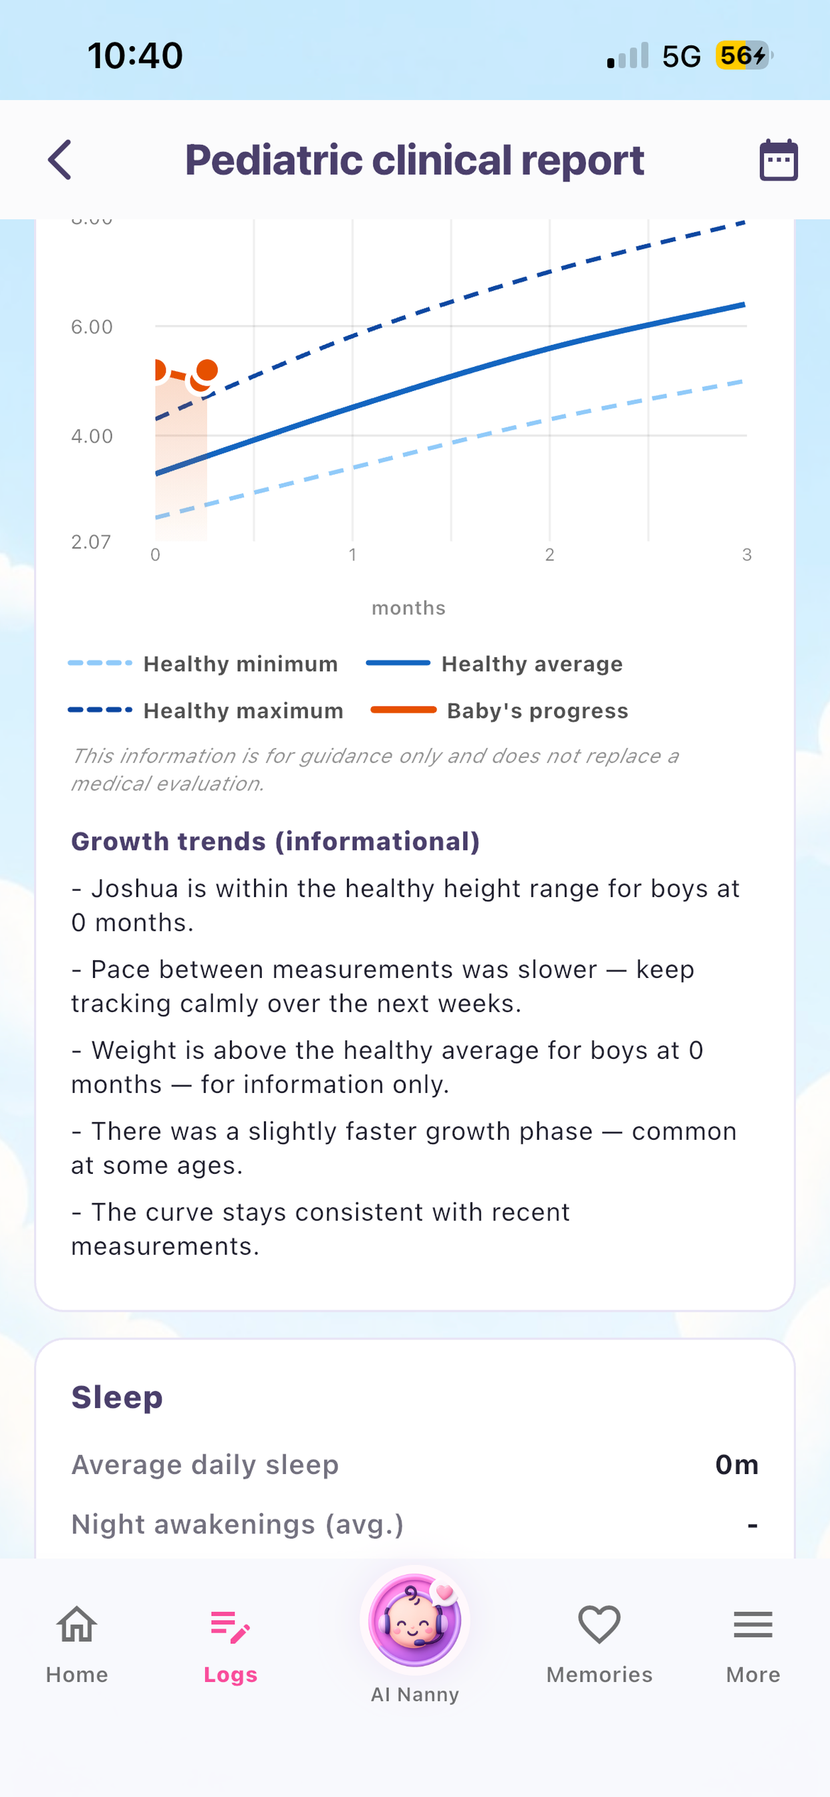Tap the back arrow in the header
tap(60, 160)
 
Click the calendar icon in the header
tap(779, 160)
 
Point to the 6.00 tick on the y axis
tap(92, 326)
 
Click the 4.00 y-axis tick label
tap(92, 436)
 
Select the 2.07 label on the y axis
tap(92, 542)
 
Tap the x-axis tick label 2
tap(549, 555)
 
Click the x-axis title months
tap(409, 608)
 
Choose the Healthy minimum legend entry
tap(203, 663)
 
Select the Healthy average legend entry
tap(495, 663)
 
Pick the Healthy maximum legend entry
tap(206, 710)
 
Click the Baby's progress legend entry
tap(499, 710)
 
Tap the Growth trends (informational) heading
tap(275, 841)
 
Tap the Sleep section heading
tap(117, 1397)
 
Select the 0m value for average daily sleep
tap(736, 1464)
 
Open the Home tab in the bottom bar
tap(77, 1644)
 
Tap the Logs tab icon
tap(230, 1626)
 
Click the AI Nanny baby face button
tap(415, 1620)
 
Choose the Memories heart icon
tap(599, 1625)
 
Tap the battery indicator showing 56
tap(744, 55)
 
